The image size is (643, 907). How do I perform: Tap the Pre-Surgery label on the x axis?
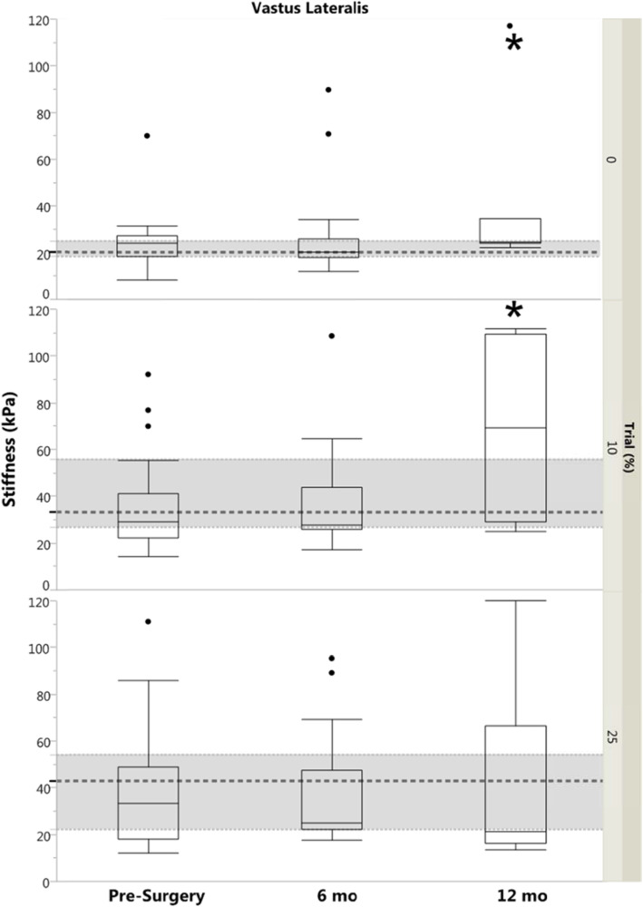point(148,895)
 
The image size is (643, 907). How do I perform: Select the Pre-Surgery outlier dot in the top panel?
point(147,136)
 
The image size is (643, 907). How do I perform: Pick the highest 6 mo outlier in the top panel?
point(328,90)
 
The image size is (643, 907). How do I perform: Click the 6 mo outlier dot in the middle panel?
point(331,336)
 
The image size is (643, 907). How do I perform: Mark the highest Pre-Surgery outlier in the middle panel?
point(148,374)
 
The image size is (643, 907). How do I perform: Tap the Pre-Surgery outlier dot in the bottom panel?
point(148,621)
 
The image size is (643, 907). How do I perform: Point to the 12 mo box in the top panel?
point(514,231)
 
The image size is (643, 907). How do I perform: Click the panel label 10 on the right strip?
point(611,448)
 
